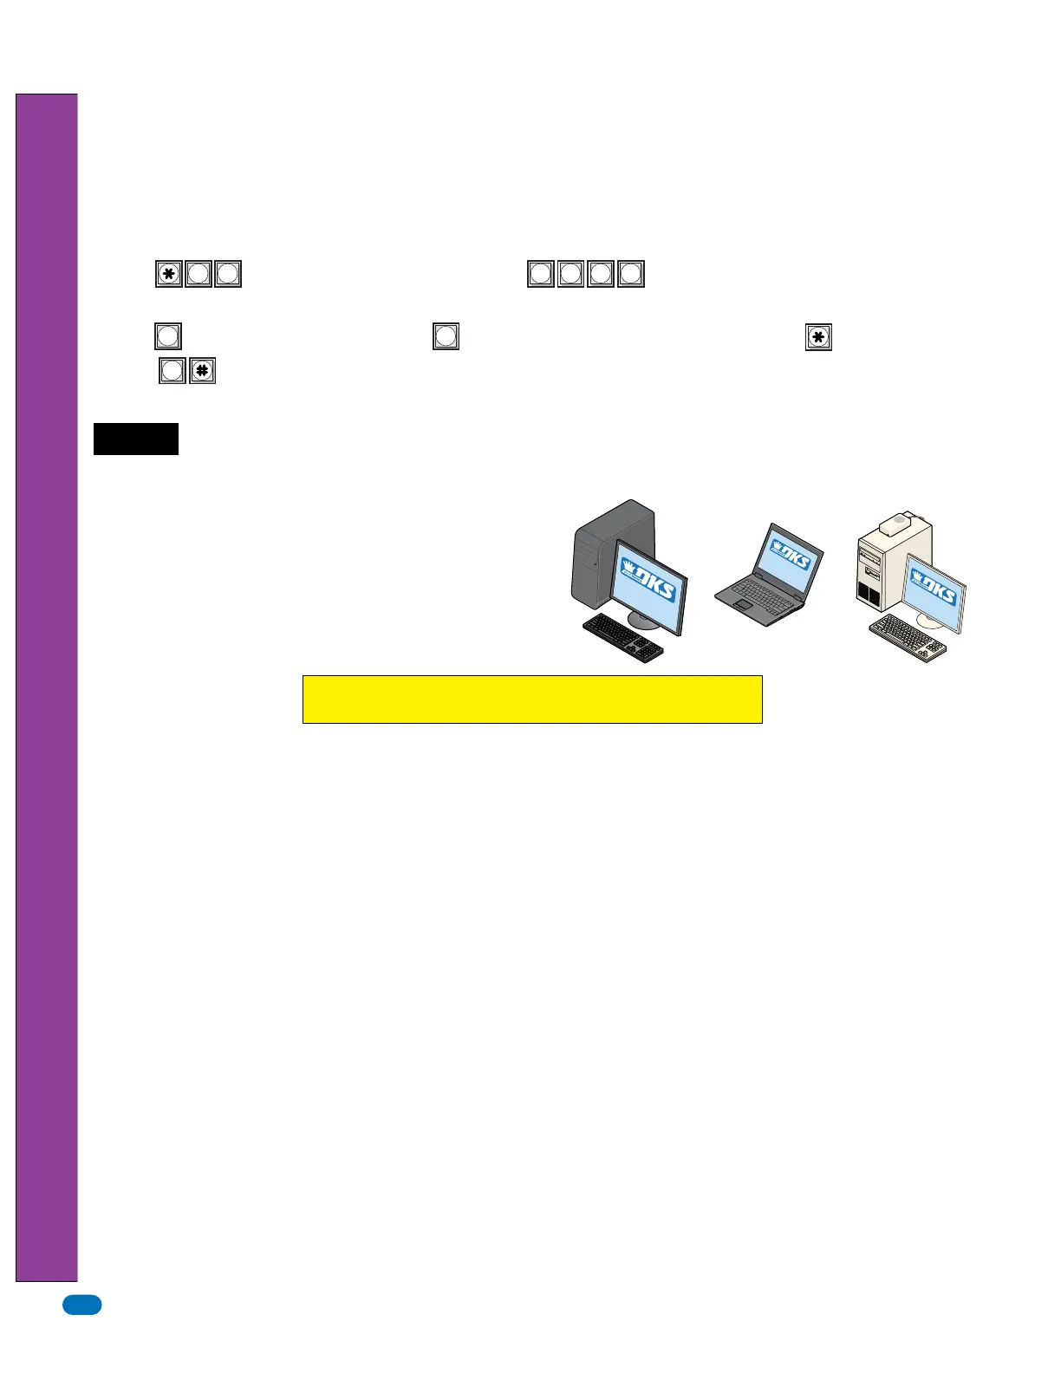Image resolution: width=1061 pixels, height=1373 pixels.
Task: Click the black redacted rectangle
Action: [x=136, y=439]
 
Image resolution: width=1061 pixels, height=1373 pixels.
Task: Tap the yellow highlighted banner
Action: [x=532, y=699]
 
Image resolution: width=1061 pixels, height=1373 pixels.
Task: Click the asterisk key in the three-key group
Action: [x=169, y=274]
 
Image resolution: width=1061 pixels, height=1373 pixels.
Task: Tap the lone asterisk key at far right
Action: [x=818, y=336]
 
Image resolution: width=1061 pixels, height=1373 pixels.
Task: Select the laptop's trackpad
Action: [x=744, y=603]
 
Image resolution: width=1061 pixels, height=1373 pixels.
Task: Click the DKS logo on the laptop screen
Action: [x=790, y=555]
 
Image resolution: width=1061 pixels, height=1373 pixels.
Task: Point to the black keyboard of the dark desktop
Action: [x=622, y=638]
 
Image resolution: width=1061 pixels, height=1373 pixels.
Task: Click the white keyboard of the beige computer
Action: [x=907, y=638]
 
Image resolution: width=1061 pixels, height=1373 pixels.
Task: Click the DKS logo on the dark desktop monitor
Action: [x=649, y=581]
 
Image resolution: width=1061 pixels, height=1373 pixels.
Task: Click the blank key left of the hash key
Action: [x=172, y=371]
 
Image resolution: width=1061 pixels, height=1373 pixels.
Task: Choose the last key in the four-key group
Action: [x=631, y=274]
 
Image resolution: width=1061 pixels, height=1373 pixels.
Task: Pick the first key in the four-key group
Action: [x=541, y=274]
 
